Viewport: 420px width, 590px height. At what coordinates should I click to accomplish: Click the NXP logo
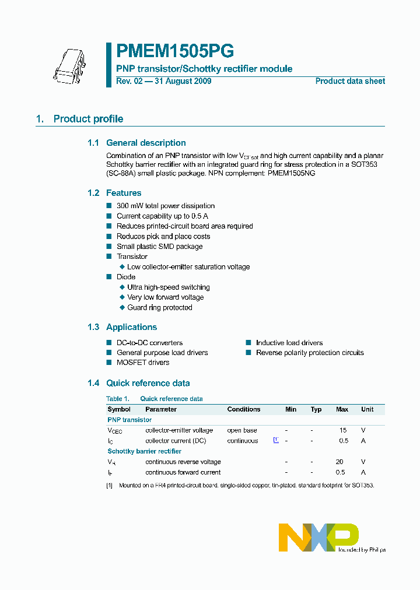318,537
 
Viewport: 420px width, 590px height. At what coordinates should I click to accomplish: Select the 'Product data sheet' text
350,81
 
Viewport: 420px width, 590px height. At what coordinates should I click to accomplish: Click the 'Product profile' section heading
88,119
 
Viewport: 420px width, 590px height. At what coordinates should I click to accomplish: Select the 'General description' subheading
146,143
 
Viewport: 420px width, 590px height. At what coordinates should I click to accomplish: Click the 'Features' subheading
124,193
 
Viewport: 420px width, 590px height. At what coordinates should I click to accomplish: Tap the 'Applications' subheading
131,327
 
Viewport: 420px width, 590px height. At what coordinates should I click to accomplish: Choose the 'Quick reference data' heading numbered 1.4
148,383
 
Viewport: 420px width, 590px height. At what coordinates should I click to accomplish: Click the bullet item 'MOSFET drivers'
143,363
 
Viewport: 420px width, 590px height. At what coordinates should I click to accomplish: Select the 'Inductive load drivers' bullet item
289,343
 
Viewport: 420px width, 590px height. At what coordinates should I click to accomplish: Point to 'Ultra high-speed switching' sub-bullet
169,287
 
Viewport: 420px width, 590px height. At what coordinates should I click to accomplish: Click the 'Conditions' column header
244,409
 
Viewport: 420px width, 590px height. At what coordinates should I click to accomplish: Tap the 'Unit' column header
367,409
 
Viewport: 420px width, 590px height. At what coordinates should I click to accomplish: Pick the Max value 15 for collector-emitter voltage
343,430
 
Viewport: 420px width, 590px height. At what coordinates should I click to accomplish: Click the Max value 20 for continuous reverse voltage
339,462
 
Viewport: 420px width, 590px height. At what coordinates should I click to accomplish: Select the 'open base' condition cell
242,430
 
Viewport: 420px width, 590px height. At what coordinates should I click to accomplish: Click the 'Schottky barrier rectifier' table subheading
144,451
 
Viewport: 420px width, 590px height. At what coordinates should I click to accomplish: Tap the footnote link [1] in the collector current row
276,440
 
